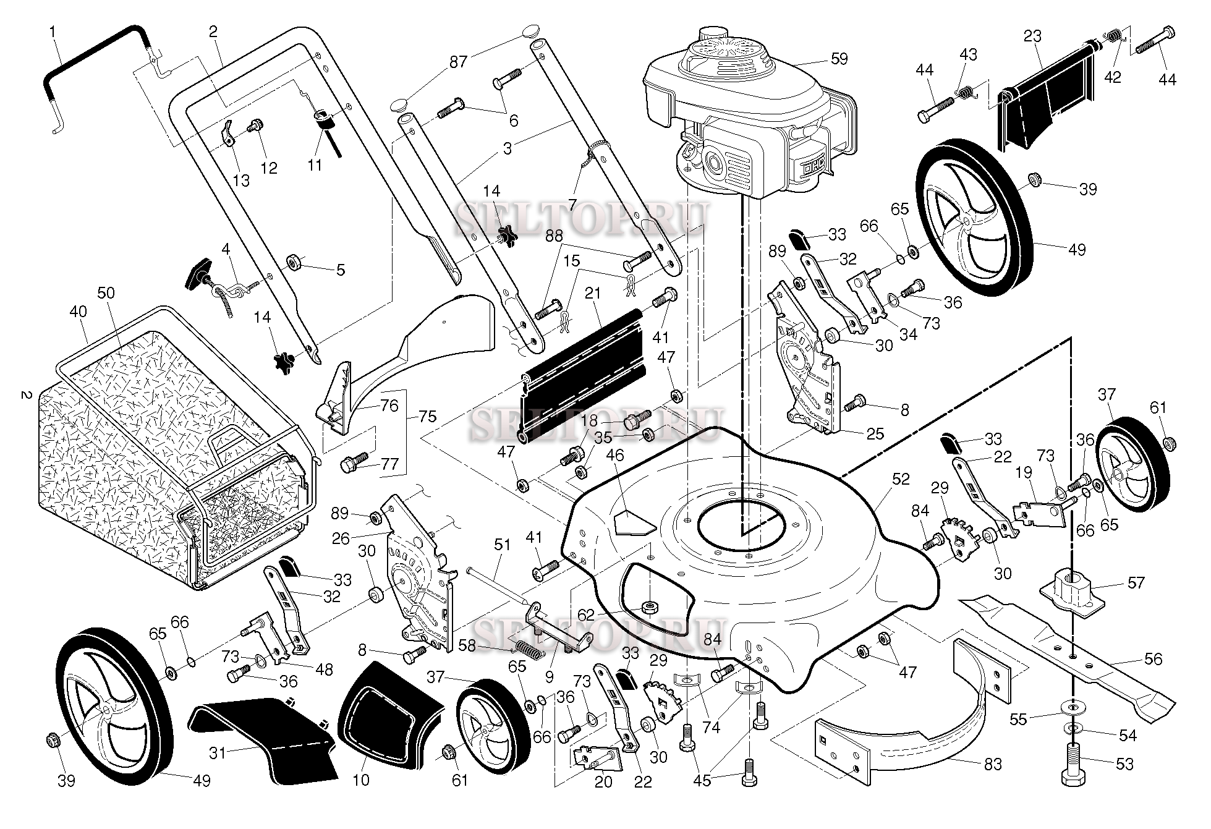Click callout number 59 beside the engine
point(839,59)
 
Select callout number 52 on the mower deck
point(901,479)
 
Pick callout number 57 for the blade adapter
point(1136,582)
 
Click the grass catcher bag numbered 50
point(124,433)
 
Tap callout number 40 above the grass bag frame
point(78,312)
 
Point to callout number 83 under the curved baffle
point(992,765)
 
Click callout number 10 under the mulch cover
point(360,780)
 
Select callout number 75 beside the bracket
point(427,416)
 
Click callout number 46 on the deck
point(615,457)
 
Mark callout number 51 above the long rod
point(503,545)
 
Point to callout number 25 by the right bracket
point(875,433)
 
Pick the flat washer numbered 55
point(1073,705)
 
